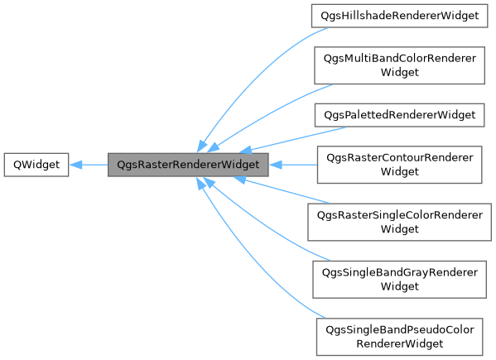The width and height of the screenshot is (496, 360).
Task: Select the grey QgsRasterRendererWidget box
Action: pyautogui.click(x=189, y=165)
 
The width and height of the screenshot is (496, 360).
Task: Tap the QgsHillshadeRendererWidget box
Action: pyautogui.click(x=396, y=16)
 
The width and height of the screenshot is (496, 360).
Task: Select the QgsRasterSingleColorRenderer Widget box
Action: pyautogui.click(x=396, y=222)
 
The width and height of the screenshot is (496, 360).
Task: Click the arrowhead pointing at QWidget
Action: pyautogui.click(x=75, y=165)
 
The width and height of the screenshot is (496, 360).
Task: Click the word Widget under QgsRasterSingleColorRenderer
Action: pyautogui.click(x=396, y=229)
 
